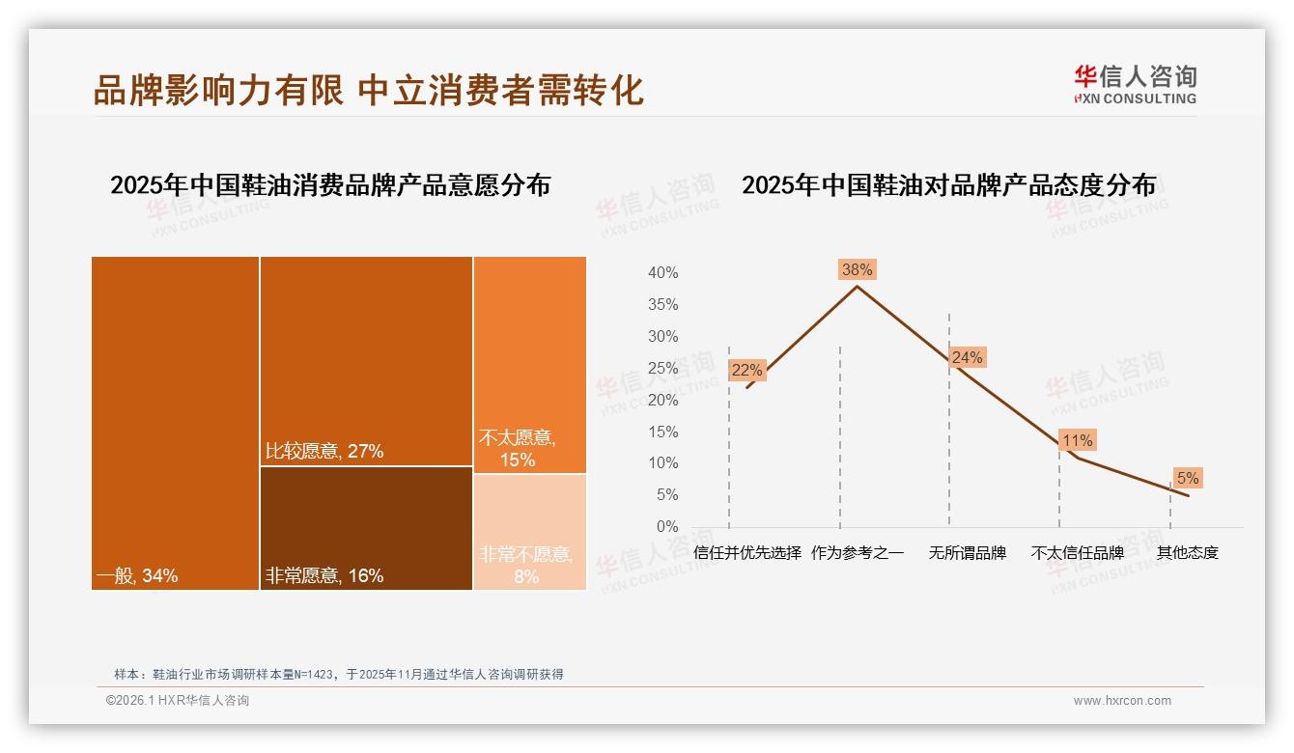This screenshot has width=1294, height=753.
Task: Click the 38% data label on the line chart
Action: pyautogui.click(x=857, y=270)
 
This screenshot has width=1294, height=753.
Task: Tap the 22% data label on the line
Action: pyautogui.click(x=746, y=370)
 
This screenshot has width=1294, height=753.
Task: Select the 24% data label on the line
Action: pyautogui.click(x=967, y=358)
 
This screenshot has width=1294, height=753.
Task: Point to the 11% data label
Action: pyautogui.click(x=1077, y=441)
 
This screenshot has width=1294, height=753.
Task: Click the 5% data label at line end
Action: pyautogui.click(x=1187, y=478)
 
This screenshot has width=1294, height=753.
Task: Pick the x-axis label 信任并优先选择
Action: pyautogui.click(x=747, y=553)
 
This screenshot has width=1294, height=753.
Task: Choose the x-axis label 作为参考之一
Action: pyautogui.click(x=858, y=553)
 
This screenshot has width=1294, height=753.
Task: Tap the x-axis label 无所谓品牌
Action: pyautogui.click(x=967, y=553)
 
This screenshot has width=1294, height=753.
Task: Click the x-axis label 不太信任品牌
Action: pyautogui.click(x=1077, y=553)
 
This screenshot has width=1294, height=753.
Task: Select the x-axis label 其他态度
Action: pyautogui.click(x=1187, y=553)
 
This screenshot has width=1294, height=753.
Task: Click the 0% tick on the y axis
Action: pyautogui.click(x=666, y=527)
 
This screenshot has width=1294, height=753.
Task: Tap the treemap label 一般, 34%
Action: pyautogui.click(x=136, y=576)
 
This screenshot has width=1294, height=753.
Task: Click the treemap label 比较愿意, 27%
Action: pyautogui.click(x=324, y=451)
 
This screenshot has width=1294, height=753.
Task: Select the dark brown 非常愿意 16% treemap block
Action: pyautogui.click(x=366, y=528)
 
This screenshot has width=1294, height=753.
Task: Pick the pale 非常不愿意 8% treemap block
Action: pyautogui.click(x=529, y=532)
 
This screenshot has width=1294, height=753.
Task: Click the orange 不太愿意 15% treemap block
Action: pyautogui.click(x=529, y=364)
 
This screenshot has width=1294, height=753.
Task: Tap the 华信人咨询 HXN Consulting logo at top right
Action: pyautogui.click(x=1135, y=85)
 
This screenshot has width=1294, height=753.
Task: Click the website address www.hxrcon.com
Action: pyautogui.click(x=1121, y=701)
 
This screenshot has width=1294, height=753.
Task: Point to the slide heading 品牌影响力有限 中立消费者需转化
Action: pyautogui.click(x=368, y=91)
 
